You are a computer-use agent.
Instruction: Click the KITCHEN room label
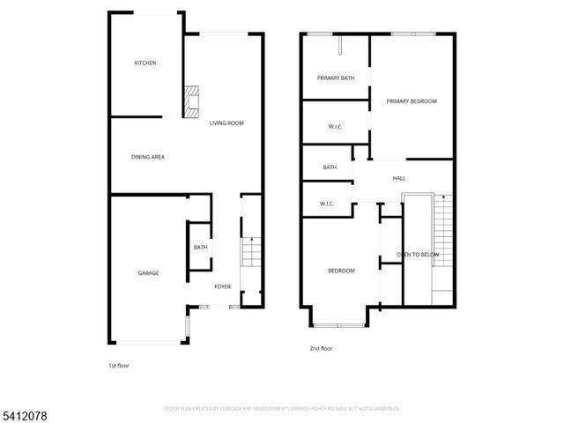coord(145,63)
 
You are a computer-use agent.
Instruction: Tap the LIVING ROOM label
coord(226,123)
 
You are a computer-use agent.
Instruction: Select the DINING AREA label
coord(148,157)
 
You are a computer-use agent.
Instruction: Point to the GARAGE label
coord(148,273)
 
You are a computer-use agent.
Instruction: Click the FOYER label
coord(222,286)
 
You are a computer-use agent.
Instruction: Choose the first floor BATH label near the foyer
coord(200,248)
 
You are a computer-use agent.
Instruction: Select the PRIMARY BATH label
coord(336,78)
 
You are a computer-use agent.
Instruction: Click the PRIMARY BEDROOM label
coord(412,101)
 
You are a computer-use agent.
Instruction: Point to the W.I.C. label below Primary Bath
coord(335,127)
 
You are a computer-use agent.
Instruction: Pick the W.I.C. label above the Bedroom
coord(326,204)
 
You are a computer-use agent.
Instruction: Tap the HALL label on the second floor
coord(399,178)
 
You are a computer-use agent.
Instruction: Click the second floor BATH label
coord(330,167)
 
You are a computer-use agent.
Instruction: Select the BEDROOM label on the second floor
coord(341,271)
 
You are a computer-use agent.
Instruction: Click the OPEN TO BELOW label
coord(418,254)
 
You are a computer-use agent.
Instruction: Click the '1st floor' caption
coord(118,364)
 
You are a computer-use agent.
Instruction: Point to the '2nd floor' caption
coord(322,349)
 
